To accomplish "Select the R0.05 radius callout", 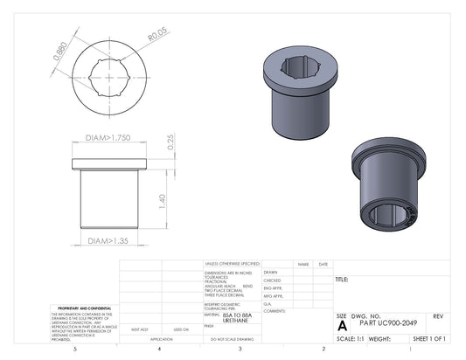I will click(x=157, y=36).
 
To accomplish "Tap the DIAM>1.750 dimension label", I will click(x=108, y=138).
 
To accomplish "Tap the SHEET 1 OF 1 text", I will click(x=429, y=337).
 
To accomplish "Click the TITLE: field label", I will click(x=342, y=280).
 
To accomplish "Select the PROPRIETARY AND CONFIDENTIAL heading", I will click(x=84, y=308).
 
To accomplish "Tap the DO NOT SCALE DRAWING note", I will click(x=232, y=338).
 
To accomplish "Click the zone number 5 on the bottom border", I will click(x=76, y=349).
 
